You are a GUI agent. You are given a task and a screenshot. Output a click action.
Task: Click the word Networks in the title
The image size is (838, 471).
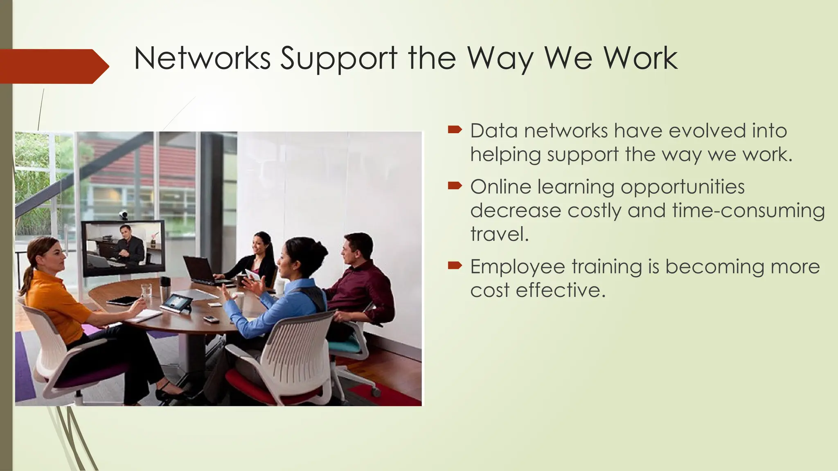coord(202,58)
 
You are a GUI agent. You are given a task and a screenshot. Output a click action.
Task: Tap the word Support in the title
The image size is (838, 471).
coord(339,58)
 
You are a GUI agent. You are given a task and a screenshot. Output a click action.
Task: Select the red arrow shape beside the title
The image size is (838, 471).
coord(53,66)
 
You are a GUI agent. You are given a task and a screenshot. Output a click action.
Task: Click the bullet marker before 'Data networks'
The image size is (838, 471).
coord(455,130)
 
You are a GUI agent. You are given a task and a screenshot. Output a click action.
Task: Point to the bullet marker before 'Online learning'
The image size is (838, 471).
coord(455,186)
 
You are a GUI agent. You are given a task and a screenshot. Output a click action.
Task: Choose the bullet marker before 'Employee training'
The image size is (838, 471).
coord(455,266)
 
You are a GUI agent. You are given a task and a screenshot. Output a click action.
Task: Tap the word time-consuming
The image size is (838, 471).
coord(748,211)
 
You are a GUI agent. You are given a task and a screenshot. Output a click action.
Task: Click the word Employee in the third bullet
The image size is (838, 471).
coord(518,267)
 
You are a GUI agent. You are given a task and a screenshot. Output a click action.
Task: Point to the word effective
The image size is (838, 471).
coord(560,290)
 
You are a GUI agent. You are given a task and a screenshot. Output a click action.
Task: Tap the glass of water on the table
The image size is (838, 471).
coord(146,290)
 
